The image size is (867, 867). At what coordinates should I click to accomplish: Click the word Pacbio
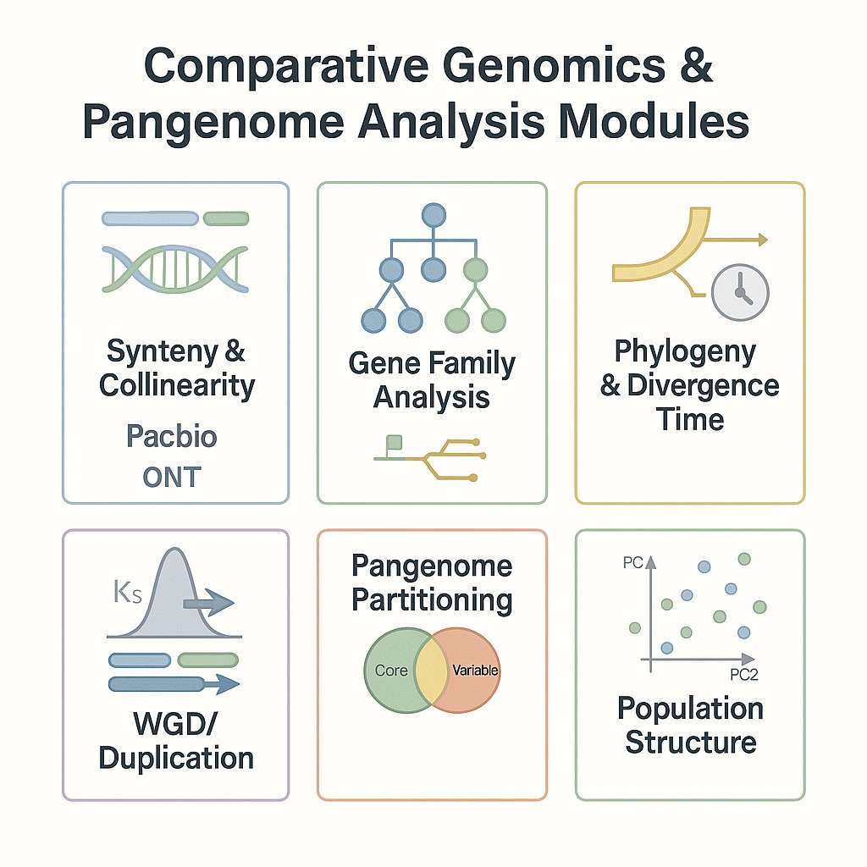tap(171, 437)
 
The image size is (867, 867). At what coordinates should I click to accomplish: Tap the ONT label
tap(172, 477)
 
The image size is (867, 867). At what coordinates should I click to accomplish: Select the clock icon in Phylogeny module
tap(740, 294)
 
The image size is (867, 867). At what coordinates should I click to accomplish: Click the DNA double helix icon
tap(175, 268)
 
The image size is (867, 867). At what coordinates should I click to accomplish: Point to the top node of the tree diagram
tap(433, 215)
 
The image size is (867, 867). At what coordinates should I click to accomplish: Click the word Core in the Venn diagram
tap(391, 671)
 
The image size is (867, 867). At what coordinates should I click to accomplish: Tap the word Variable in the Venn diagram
tap(475, 671)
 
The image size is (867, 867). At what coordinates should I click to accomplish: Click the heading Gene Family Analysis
tap(432, 380)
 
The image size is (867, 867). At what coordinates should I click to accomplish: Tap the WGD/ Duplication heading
tap(176, 740)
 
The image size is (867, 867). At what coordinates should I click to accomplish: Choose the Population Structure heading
tap(690, 725)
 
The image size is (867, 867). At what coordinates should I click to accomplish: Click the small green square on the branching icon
tap(393, 442)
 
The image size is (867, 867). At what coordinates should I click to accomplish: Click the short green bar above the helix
tap(226, 218)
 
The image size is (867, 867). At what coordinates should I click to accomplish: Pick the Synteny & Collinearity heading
tap(176, 367)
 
